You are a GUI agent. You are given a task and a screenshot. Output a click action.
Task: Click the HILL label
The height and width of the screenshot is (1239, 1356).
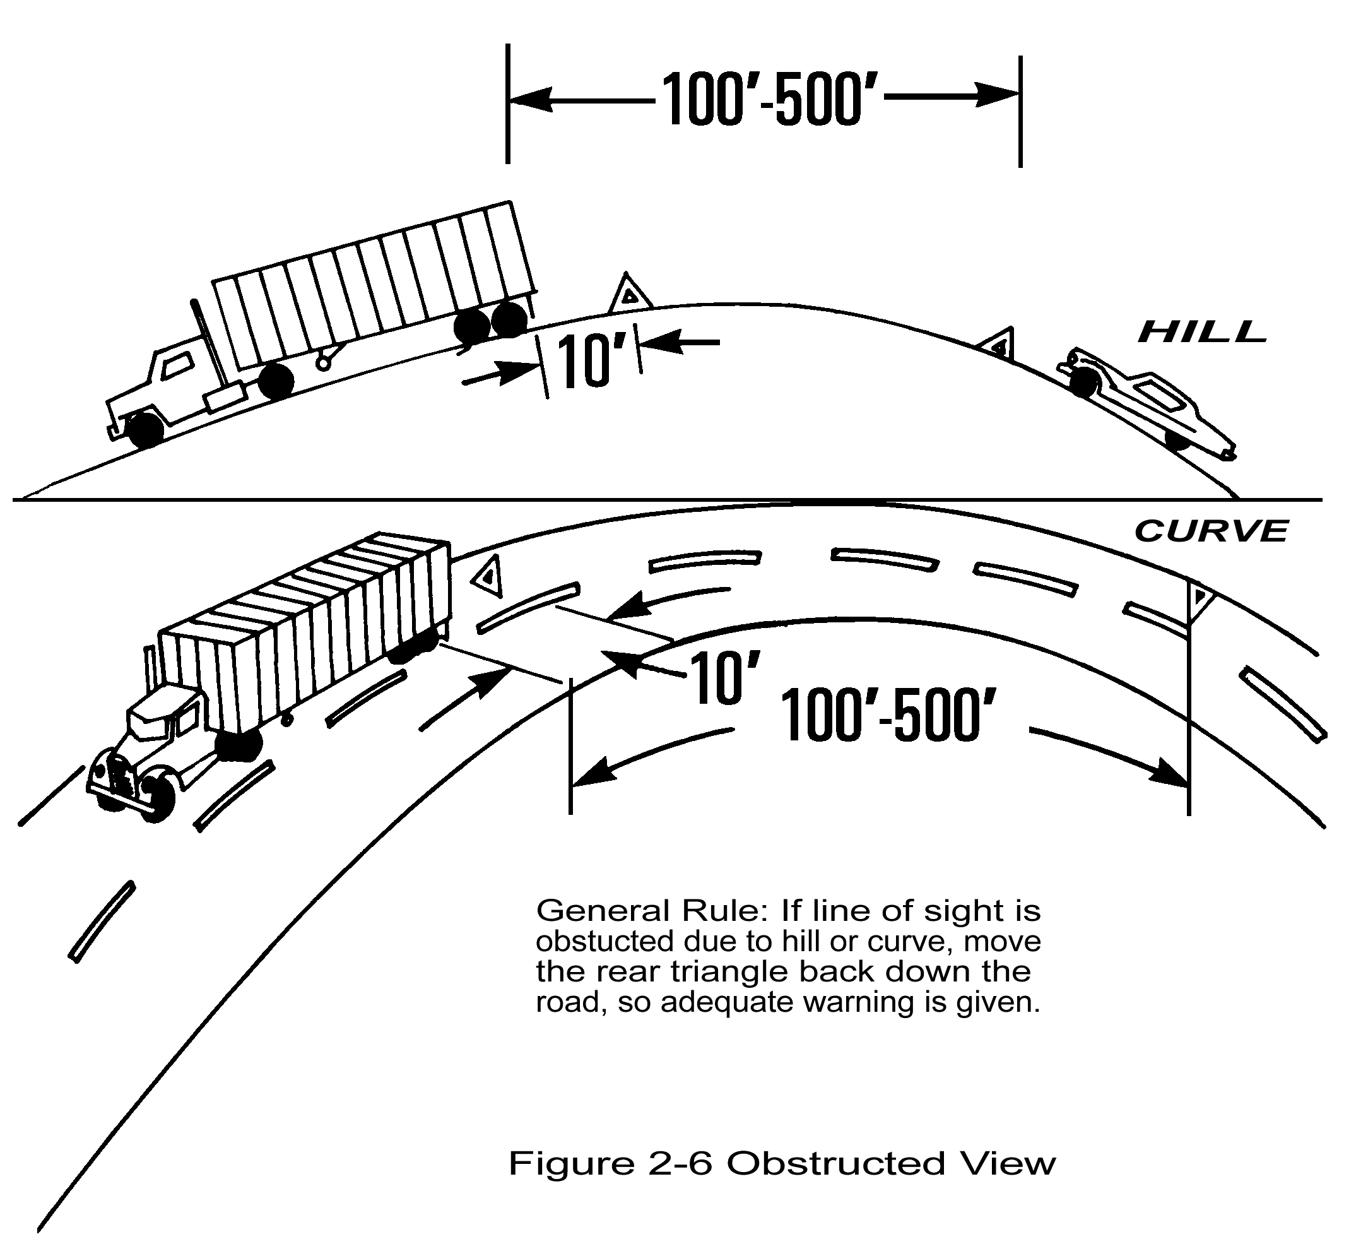tap(1201, 332)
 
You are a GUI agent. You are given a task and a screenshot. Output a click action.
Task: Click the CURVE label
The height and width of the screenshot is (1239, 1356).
tap(1210, 531)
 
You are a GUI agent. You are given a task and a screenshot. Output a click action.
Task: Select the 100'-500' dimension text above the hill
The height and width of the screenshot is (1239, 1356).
tap(762, 99)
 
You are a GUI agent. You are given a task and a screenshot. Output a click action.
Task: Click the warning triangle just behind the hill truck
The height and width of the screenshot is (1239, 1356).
tap(629, 294)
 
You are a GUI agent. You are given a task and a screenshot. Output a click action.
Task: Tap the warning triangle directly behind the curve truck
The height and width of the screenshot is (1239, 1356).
tap(488, 576)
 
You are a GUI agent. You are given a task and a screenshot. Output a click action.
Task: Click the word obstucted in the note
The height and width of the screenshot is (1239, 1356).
tap(604, 942)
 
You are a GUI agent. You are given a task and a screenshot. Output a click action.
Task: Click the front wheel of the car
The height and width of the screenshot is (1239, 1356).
tap(1176, 441)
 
